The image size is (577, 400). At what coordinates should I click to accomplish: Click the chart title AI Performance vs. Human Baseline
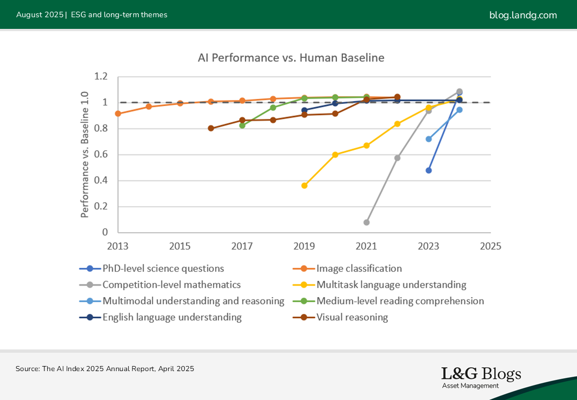[x=291, y=58]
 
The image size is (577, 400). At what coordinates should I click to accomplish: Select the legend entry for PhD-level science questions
[x=163, y=268]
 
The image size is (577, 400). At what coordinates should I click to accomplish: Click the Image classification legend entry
[x=359, y=268]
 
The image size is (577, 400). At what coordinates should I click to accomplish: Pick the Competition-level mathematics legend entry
[x=171, y=284]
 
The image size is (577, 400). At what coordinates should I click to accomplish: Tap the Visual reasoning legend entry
[x=352, y=317]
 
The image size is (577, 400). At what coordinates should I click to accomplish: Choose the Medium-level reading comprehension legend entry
[x=400, y=301]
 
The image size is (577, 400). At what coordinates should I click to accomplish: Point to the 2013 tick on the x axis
[x=118, y=246]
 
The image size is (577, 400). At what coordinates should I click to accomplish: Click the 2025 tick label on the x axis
[x=490, y=246]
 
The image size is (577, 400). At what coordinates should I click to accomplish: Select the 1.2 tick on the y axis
[x=100, y=77]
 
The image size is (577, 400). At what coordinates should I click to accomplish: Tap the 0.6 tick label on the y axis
[x=100, y=154]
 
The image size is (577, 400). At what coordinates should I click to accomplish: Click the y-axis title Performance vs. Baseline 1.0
[x=85, y=154]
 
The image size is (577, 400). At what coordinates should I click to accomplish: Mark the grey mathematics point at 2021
[x=366, y=222]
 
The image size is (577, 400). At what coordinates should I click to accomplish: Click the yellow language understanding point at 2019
[x=304, y=186]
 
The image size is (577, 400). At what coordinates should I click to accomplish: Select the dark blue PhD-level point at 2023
[x=428, y=171]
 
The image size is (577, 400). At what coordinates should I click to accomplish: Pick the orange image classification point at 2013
[x=118, y=113]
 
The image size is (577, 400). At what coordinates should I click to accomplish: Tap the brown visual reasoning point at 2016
[x=211, y=128]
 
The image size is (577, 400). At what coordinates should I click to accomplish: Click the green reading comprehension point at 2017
[x=242, y=126]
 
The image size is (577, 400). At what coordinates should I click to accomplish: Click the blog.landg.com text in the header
[x=523, y=15]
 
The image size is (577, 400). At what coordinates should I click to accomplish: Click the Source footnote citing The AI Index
[x=105, y=368]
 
